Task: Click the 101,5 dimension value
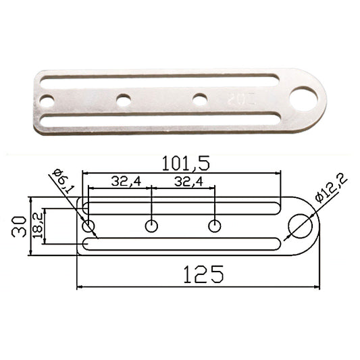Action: (x=186, y=163)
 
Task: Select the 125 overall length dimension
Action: (x=203, y=274)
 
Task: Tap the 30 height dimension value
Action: (x=19, y=226)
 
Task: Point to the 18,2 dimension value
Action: (x=37, y=226)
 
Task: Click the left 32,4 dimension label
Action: (x=126, y=182)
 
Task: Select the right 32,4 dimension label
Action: (x=188, y=182)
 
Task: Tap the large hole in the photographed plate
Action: (x=303, y=99)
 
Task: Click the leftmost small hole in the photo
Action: (x=47, y=101)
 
